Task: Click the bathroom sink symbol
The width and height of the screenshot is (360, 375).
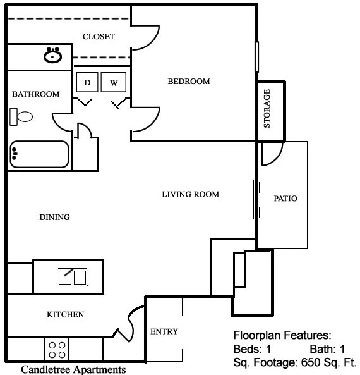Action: pyautogui.click(x=52, y=56)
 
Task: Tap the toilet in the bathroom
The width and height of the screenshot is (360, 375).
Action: pyautogui.click(x=22, y=116)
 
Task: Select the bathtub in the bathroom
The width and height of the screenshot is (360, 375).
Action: pyautogui.click(x=39, y=154)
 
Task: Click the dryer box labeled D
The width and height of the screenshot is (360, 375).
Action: pyautogui.click(x=88, y=83)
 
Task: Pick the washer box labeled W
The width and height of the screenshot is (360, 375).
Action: pyautogui.click(x=114, y=83)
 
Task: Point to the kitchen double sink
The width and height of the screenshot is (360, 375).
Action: pyautogui.click(x=73, y=276)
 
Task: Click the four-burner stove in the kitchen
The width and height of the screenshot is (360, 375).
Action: pyautogui.click(x=57, y=350)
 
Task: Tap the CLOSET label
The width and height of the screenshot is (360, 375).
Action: pyautogui.click(x=99, y=37)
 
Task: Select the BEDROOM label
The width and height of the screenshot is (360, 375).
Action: pyautogui.click(x=188, y=82)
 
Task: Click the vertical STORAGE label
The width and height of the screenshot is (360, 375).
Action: pyautogui.click(x=267, y=109)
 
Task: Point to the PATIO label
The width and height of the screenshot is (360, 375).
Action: pyautogui.click(x=285, y=198)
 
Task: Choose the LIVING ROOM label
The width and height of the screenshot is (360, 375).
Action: pyautogui.click(x=190, y=194)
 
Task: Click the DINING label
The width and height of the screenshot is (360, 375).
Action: pyautogui.click(x=54, y=217)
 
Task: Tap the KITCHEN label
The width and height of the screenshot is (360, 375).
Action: pyautogui.click(x=66, y=314)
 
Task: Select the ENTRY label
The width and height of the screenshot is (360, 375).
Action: pyautogui.click(x=164, y=331)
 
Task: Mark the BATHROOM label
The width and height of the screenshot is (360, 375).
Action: pyautogui.click(x=36, y=94)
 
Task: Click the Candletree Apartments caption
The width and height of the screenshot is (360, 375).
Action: pyautogui.click(x=73, y=369)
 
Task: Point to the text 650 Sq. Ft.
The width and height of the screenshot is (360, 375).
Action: pyautogui.click(x=330, y=363)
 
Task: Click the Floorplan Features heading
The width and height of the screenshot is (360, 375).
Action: pyautogui.click(x=282, y=335)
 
